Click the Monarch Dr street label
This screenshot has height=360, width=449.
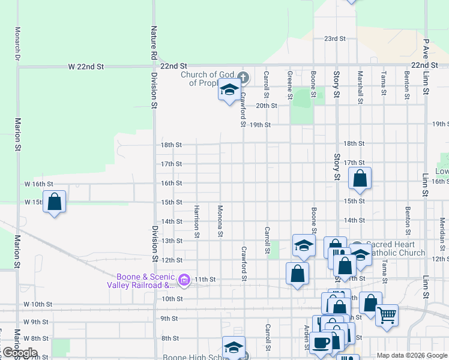[x=18, y=44]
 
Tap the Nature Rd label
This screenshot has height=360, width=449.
[x=154, y=43]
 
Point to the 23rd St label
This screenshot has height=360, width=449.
[x=335, y=38]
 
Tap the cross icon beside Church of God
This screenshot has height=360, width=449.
[x=243, y=77]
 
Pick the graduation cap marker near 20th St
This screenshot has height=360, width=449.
[x=228, y=90]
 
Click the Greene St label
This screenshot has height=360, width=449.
[x=290, y=85]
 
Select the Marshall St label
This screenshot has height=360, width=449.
[x=360, y=88]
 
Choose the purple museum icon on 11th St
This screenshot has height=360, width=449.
[x=184, y=280]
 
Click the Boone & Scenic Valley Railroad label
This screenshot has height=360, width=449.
[x=141, y=281]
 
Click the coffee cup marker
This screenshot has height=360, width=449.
[x=322, y=341]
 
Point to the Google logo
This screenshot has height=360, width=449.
[x=20, y=352]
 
